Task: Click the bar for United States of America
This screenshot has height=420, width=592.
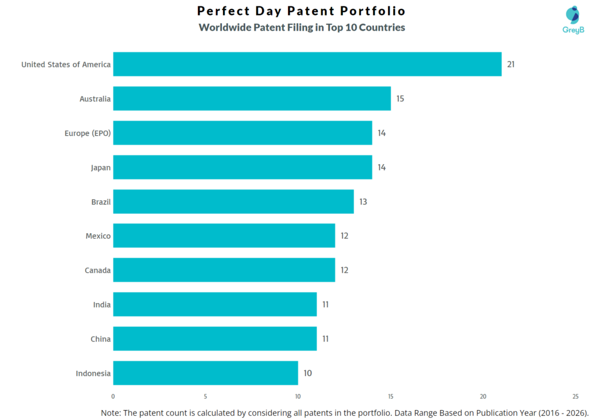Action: [307, 64]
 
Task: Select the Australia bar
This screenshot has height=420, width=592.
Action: [251, 99]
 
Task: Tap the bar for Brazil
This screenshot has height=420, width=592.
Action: [233, 202]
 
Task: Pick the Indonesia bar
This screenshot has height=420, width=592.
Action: [205, 373]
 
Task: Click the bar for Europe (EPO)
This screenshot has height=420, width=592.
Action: [242, 133]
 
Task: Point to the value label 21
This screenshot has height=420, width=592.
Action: [510, 64]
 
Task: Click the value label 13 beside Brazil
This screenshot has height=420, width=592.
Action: [362, 202]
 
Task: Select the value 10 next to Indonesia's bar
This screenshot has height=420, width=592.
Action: [308, 373]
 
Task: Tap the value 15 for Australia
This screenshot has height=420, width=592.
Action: [400, 99]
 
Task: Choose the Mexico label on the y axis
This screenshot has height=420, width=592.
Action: [98, 236]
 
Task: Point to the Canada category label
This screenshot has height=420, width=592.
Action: [97, 270]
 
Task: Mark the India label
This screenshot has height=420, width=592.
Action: [102, 304]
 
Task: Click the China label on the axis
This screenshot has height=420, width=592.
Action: [101, 339]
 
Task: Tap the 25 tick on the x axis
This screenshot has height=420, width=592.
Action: [575, 396]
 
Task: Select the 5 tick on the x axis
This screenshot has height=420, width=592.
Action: [205, 396]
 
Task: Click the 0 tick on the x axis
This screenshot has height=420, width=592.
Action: [113, 396]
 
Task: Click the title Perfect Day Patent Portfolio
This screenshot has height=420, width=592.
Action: [301, 11]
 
